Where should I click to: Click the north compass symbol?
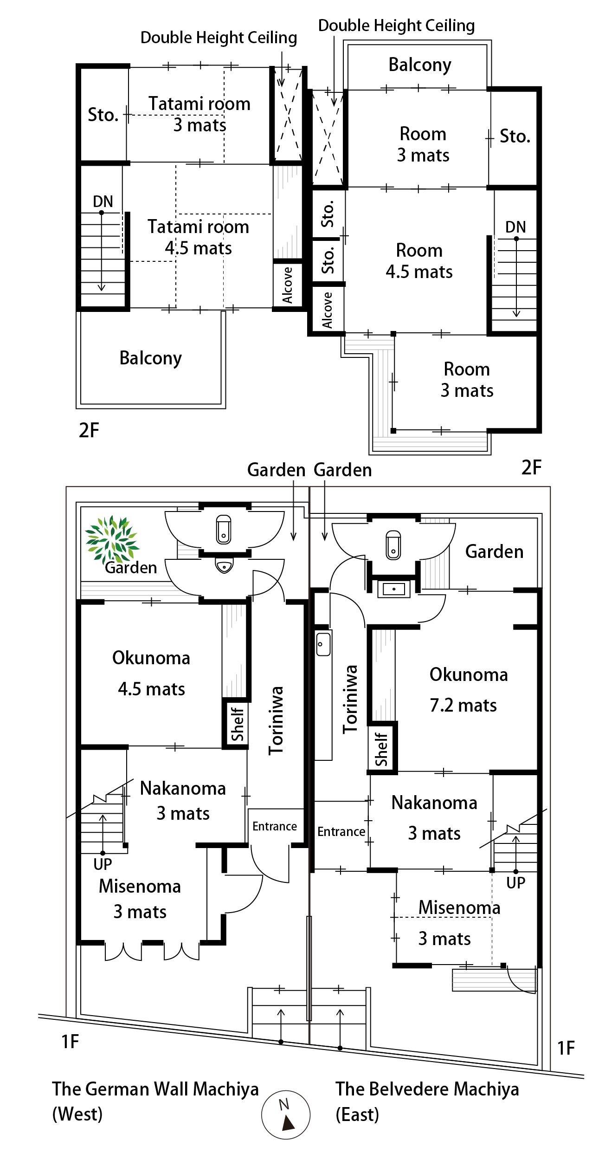tap(285, 1114)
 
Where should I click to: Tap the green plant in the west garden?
tap(112, 540)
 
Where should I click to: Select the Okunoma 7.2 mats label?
tap(468, 690)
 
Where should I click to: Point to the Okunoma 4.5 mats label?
tap(151, 673)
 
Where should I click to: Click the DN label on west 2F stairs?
tap(103, 201)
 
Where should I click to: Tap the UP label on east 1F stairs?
tap(515, 882)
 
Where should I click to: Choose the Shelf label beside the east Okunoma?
tap(381, 749)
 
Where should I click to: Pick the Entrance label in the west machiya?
tap(275, 826)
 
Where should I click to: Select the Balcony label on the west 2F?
tap(150, 358)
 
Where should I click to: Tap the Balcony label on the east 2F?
tap(419, 65)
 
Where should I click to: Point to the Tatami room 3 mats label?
tap(200, 114)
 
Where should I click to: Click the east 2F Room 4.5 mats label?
tap(419, 261)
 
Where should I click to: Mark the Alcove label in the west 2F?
tap(288, 285)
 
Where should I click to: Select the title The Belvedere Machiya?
tap(427, 1089)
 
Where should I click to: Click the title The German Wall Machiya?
tap(155, 1089)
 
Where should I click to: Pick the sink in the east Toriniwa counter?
tap(323, 644)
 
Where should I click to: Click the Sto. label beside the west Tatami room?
tap(103, 115)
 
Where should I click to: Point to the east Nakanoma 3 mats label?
tap(434, 818)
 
